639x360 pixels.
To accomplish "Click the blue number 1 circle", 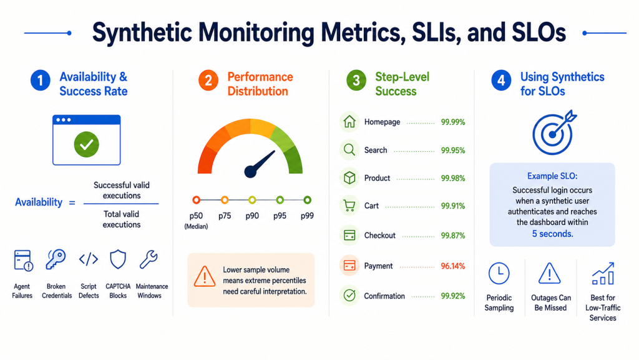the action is point(41,81).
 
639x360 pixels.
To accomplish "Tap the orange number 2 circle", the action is point(208,81).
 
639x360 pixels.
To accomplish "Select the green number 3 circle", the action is point(356,81).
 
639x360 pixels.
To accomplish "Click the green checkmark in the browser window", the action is point(86,144).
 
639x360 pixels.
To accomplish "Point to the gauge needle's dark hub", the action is point(250,171).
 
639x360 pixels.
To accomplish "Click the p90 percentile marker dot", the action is point(252,200).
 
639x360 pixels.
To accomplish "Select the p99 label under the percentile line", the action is point(307,216).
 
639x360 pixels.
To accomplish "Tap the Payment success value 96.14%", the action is point(453,266).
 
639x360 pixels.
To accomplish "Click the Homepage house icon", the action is point(349,122).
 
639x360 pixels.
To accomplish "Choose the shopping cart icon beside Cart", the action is point(349,206).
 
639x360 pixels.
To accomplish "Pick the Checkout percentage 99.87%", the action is point(453,236).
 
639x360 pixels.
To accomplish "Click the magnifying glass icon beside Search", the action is point(349,150).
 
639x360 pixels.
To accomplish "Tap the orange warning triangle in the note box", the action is point(205,276).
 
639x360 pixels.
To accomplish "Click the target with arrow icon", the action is point(553,133).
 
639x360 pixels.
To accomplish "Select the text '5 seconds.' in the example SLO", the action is point(553,234).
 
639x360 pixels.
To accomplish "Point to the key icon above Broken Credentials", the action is point(56,259).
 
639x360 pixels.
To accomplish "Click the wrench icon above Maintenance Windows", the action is point(149,259).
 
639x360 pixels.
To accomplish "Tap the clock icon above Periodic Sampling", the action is point(499,274).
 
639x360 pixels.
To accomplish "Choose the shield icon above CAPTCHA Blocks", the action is point(118,259).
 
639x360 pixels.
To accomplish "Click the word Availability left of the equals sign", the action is point(39,202).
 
